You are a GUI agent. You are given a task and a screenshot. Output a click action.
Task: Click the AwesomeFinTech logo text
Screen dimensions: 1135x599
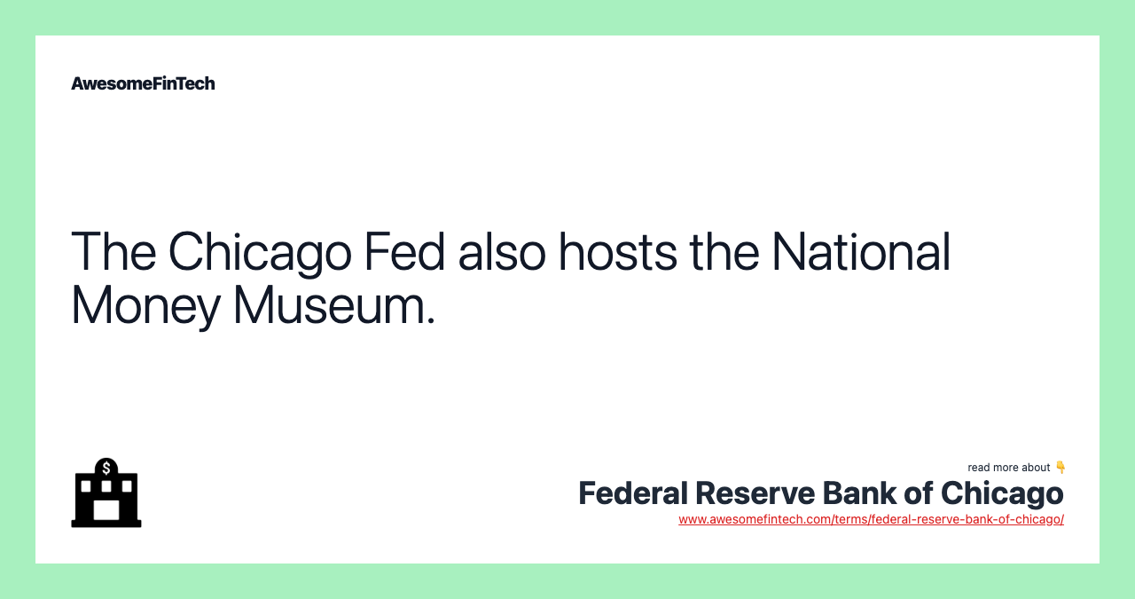(143, 83)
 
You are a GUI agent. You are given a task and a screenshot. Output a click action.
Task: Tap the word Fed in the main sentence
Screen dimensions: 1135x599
(404, 251)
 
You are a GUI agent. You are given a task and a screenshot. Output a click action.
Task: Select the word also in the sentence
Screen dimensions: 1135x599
(502, 251)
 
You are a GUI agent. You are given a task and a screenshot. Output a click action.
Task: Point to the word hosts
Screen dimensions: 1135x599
(618, 251)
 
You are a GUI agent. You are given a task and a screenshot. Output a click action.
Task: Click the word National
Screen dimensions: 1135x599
(861, 251)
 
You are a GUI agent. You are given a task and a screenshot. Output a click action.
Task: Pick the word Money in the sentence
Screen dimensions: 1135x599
(146, 306)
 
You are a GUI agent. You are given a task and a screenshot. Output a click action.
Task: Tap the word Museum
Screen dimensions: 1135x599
(327, 305)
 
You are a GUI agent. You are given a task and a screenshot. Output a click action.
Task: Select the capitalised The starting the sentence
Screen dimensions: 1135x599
(113, 251)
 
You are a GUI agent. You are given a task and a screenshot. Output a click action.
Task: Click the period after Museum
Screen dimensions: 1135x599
(431, 319)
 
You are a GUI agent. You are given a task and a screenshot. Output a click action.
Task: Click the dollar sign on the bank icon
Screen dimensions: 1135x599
(106, 469)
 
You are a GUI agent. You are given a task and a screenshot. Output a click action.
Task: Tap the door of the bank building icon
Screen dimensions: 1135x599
(106, 510)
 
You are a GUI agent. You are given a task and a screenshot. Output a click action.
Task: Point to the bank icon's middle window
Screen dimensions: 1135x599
(106, 486)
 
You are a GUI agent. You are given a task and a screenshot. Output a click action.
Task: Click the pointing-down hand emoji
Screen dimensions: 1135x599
(1060, 467)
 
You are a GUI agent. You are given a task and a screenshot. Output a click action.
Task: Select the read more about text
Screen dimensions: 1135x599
(1008, 468)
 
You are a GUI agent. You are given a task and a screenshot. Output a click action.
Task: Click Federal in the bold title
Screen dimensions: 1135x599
(633, 493)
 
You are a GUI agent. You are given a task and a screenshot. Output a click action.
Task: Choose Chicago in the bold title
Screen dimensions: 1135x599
(1002, 495)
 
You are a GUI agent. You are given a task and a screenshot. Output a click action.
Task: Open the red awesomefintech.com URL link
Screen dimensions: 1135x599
(871, 519)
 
